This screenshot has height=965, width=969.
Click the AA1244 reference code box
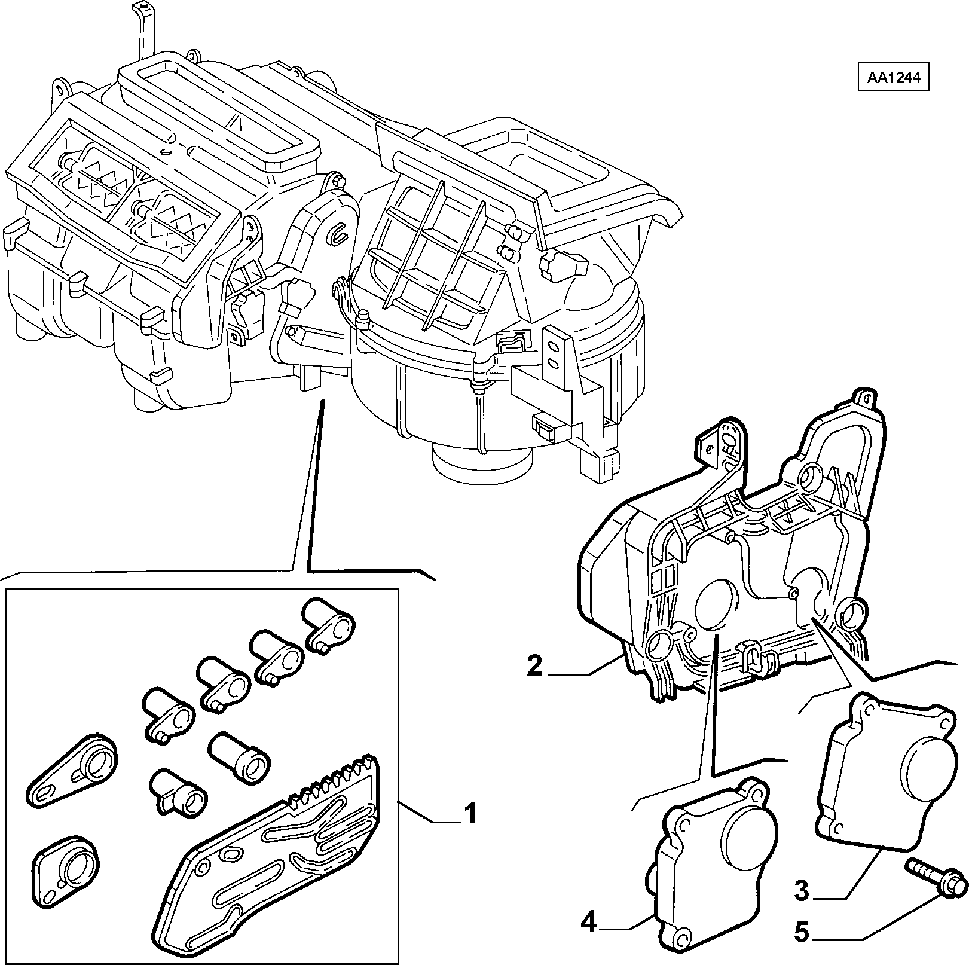click(893, 78)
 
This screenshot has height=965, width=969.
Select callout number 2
click(534, 666)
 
